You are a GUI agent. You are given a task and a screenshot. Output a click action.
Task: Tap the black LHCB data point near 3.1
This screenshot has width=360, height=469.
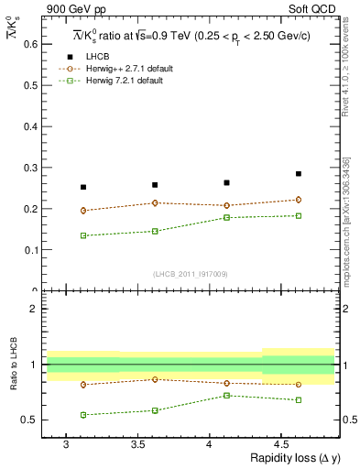pos(83,187)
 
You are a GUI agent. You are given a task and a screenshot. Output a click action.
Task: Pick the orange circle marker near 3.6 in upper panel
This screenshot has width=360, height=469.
pos(155,202)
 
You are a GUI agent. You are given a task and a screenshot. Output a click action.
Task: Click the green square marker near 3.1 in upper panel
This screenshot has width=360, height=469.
pos(83,235)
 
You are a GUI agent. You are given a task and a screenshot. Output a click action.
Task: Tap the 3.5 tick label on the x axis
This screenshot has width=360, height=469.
pos(137,443)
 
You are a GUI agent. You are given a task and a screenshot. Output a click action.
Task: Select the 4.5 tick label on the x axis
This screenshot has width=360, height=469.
pos(281,443)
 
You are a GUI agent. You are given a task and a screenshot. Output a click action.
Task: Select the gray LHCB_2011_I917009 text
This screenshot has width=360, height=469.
pos(191,273)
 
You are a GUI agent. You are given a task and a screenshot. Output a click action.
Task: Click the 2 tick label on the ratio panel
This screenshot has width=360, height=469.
pos(33,309)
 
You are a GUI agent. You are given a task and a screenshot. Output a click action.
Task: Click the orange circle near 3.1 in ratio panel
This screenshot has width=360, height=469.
pos(83,385)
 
